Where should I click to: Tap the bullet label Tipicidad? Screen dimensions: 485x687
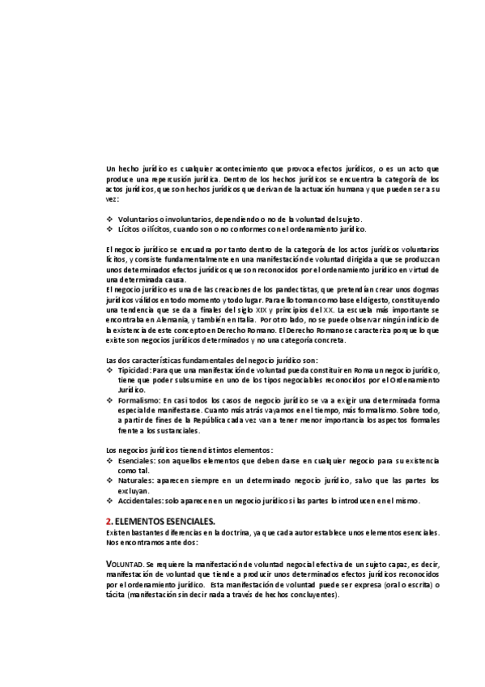134,369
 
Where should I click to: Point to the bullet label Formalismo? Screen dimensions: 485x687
139,400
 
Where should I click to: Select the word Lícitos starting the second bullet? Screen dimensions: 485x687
130,228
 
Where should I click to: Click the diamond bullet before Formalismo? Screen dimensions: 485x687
109,400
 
